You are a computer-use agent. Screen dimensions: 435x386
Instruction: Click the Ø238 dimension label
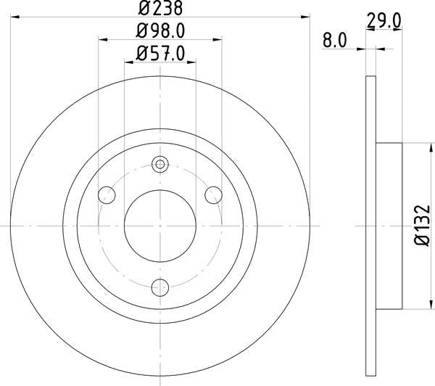160,8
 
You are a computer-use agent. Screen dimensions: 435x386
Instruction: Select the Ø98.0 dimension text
160,30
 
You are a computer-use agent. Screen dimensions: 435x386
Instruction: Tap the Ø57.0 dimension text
160,54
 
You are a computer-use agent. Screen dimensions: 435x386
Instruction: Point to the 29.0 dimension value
384,21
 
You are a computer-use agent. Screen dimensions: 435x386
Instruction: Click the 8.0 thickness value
335,41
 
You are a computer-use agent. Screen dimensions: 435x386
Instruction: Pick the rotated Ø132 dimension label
422,226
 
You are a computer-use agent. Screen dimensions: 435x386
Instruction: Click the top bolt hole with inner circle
160,164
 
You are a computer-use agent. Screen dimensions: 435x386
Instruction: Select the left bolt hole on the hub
107,195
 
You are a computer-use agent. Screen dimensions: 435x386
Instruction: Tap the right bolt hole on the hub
213,195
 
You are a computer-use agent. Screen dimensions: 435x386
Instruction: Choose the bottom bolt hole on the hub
160,287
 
